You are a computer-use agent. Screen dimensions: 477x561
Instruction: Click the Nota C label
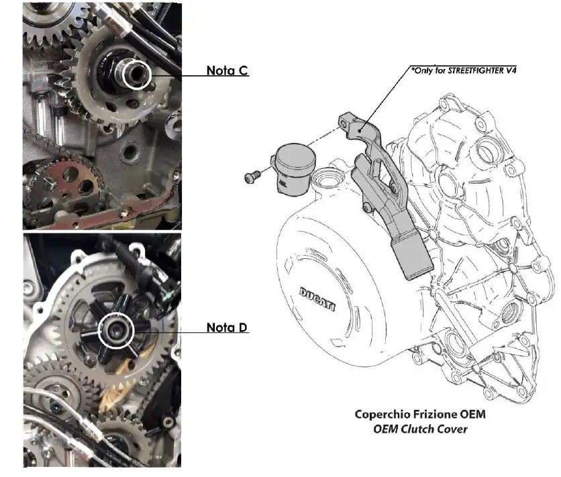click(227, 70)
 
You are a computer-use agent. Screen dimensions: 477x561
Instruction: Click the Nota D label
click(227, 327)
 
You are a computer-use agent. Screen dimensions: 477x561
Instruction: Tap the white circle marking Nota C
click(138, 74)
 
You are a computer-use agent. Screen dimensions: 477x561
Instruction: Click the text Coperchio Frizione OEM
click(419, 415)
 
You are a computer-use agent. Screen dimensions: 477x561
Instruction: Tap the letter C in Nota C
click(242, 70)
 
